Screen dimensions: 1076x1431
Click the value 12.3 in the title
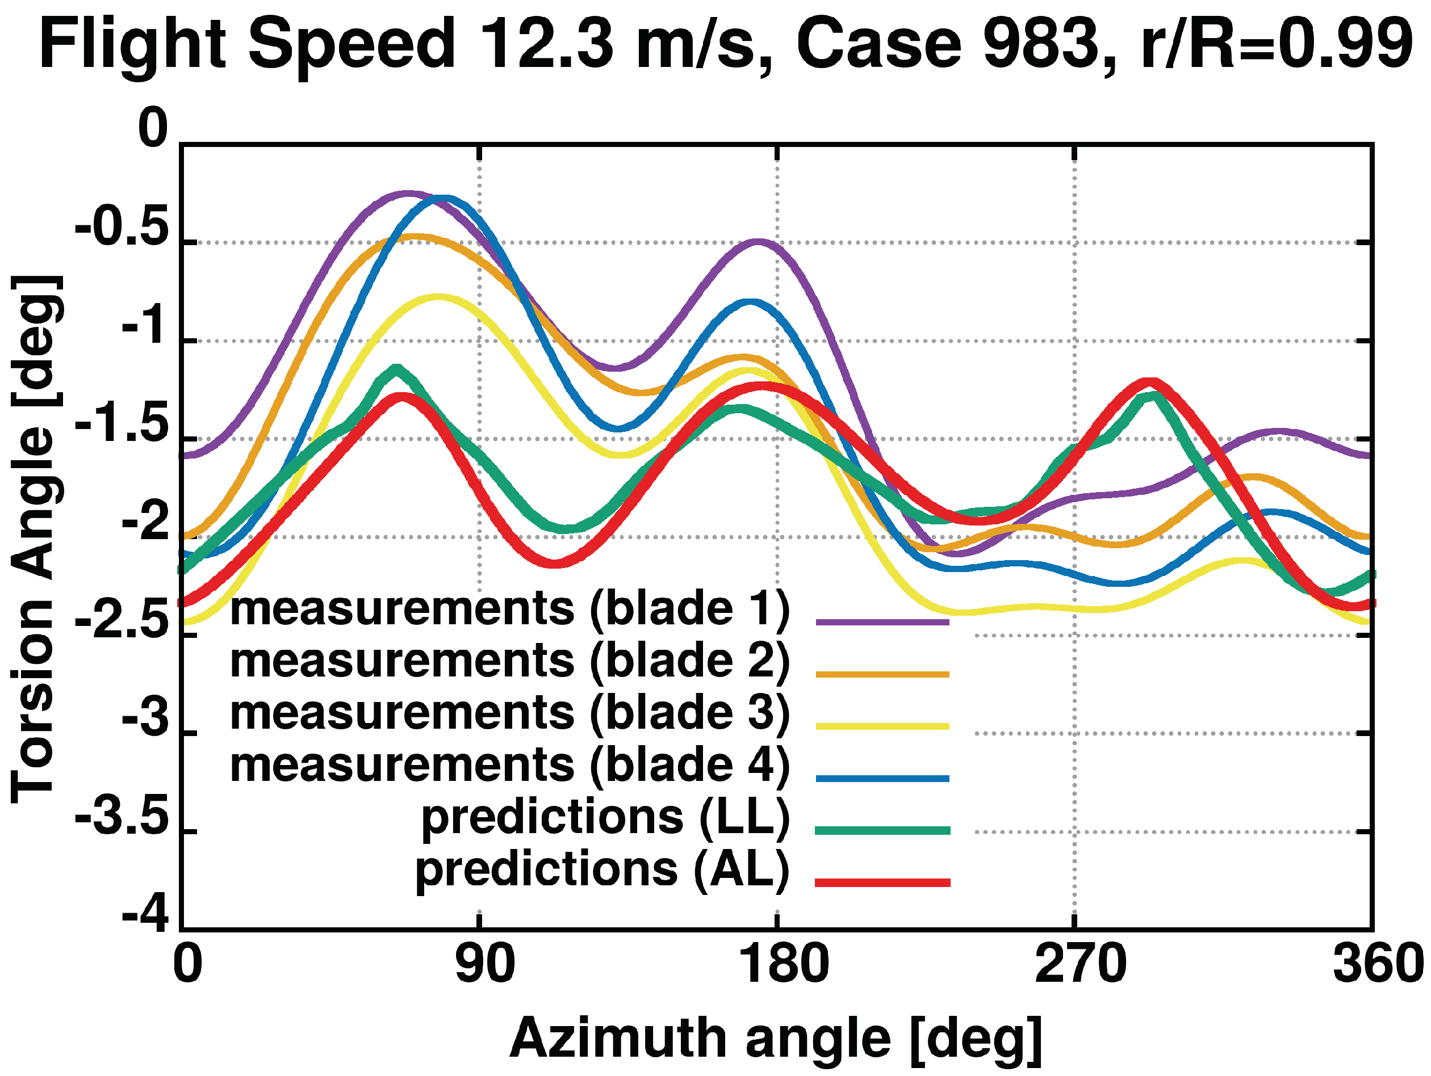546,44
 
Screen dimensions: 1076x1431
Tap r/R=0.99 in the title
1274,44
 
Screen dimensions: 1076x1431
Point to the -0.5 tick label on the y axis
122,228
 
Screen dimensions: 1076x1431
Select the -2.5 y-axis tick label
122,621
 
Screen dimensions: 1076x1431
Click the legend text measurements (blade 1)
510,609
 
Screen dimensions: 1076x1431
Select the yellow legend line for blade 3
882,726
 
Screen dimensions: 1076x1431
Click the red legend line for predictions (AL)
882,882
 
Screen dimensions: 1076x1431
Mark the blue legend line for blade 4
882,779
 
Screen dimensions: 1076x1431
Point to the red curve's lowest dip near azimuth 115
555,564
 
